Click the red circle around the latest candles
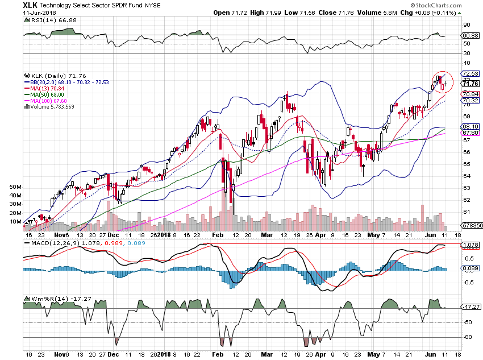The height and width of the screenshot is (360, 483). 443,82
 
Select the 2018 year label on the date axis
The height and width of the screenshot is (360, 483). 164,234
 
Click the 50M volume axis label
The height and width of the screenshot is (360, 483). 16,187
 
